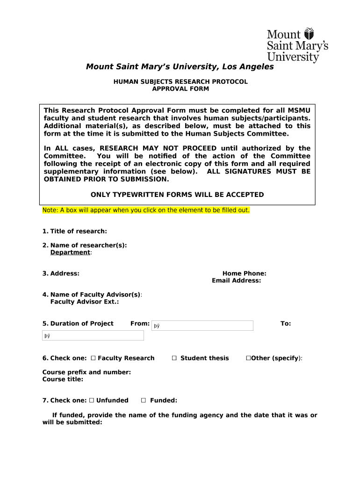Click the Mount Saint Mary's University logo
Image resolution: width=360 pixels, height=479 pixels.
click(x=297, y=45)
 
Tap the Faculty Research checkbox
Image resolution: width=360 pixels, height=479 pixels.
click(x=93, y=358)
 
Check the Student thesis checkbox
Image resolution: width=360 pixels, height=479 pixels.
click(x=174, y=358)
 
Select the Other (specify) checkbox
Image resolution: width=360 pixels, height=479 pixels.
click(x=248, y=358)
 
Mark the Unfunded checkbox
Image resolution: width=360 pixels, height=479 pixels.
click(x=92, y=400)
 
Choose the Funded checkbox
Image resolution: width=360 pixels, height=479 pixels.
click(x=144, y=400)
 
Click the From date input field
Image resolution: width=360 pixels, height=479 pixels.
click(x=202, y=326)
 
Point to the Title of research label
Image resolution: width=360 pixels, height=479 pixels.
click(x=75, y=231)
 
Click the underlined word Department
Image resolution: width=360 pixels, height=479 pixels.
click(x=70, y=252)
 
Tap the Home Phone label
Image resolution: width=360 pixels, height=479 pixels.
click(x=244, y=274)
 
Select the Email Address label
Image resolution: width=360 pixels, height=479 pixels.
click(x=236, y=281)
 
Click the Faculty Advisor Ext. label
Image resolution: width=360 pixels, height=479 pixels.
click(x=84, y=302)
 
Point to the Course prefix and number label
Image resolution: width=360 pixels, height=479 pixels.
click(x=86, y=372)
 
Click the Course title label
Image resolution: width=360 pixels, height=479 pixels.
click(x=63, y=379)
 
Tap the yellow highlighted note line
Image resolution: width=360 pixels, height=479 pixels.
click(x=146, y=210)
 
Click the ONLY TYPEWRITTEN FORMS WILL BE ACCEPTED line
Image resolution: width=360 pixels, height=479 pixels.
click(x=177, y=195)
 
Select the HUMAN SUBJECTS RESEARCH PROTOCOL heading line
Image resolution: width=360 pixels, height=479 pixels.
click(x=180, y=81)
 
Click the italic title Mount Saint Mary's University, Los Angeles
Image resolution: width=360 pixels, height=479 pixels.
click(x=180, y=67)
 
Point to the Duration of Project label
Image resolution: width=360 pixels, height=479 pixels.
click(x=78, y=323)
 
